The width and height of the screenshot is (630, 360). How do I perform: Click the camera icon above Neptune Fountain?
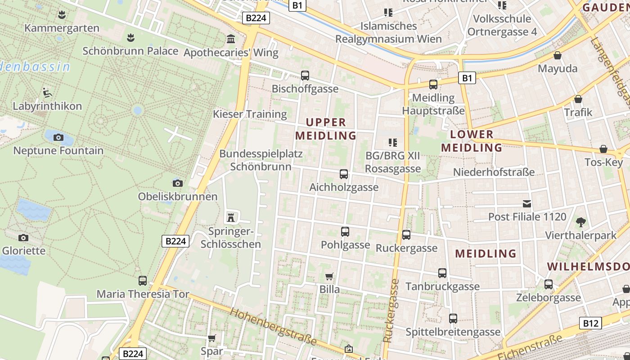tap(58, 137)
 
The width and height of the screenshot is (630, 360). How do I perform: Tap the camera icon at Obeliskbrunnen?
tap(178, 183)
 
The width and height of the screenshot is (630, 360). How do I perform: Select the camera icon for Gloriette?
tap(23, 238)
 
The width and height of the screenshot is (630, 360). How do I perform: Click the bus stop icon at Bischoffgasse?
tap(305, 75)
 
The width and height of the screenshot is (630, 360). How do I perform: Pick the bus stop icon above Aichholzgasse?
tap(344, 174)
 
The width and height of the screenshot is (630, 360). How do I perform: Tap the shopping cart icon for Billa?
tap(329, 276)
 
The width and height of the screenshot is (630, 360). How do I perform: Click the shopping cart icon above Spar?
tap(212, 337)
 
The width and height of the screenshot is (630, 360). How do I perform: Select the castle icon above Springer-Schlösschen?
tap(231, 218)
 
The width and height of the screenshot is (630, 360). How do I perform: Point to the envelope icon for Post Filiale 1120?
tap(527, 203)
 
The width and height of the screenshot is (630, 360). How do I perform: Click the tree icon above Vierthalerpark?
tap(581, 222)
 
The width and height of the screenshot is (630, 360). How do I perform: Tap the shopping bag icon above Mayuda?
tap(558, 55)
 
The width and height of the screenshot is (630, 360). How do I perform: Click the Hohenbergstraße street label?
tap(274, 327)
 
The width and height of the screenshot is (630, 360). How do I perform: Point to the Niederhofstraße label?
tap(494, 172)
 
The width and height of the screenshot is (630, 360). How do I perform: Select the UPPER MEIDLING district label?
tap(326, 129)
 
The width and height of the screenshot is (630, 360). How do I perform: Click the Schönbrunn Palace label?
tap(130, 51)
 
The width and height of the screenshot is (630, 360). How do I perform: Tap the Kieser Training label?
tap(250, 114)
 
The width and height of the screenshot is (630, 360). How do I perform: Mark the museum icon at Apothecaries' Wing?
tap(231, 39)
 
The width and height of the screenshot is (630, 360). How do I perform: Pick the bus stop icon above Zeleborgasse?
tap(549, 284)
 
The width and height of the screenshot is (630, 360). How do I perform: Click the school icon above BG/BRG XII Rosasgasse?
tap(392, 143)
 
